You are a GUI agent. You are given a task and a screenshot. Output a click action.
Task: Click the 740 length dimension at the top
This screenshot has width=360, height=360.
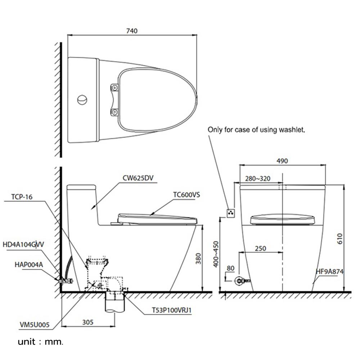[x=132, y=31]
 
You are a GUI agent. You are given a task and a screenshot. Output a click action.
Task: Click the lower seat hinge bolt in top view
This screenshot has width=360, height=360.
[x=114, y=112]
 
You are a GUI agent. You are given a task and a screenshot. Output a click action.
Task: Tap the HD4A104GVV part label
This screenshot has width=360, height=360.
[x=23, y=244]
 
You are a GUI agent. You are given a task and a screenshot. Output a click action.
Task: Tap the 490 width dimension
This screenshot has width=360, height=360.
[x=283, y=161]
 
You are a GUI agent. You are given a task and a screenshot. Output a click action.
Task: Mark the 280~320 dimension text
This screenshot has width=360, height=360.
[x=257, y=179]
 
